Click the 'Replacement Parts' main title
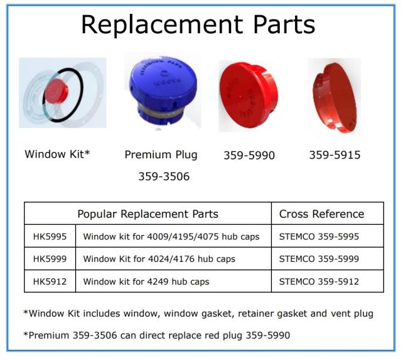198,25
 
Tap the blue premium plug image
163,93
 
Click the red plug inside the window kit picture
56,92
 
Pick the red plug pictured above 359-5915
335,97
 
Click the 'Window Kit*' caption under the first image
57,154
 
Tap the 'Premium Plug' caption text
161,155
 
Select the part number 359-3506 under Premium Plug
164,177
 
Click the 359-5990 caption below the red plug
249,155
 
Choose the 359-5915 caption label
335,155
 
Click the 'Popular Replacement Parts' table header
148,214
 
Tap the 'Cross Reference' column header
321,214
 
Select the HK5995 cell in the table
50,236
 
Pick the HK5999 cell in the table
50,259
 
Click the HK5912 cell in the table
50,281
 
